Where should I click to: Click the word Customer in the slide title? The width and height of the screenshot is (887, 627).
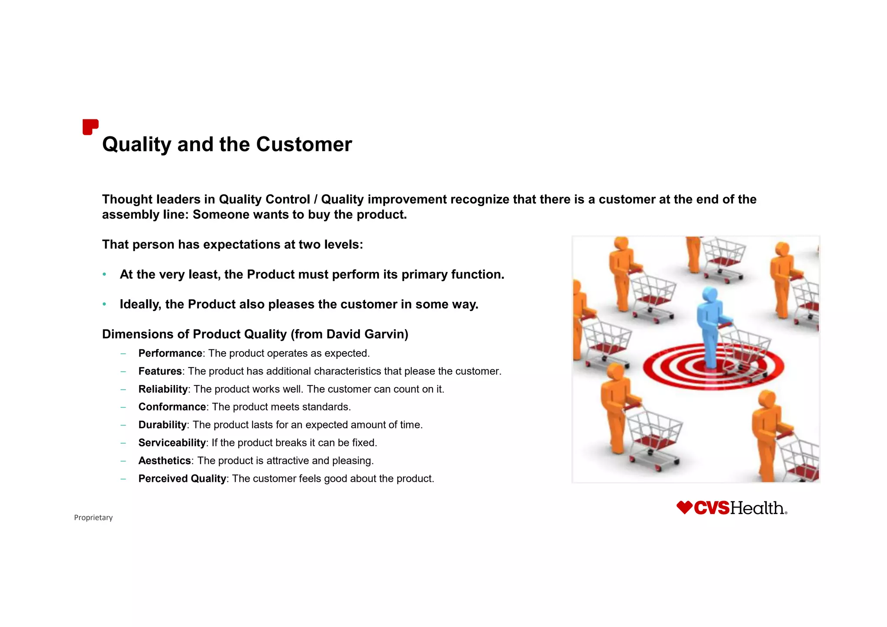(304, 144)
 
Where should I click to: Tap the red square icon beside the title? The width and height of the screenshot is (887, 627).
(90, 127)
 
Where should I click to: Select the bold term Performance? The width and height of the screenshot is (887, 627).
(170, 353)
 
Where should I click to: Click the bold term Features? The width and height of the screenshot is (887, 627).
(160, 371)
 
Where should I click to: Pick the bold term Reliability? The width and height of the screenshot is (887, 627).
(163, 389)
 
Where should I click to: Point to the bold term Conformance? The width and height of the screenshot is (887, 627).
(172, 407)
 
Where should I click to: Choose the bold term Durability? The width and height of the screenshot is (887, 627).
(162, 425)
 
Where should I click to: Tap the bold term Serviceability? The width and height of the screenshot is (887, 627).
(172, 443)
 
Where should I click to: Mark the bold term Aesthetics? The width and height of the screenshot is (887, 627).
(165, 461)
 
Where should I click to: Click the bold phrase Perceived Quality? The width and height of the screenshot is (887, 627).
(182, 478)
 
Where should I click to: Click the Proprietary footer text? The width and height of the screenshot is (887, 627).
(93, 517)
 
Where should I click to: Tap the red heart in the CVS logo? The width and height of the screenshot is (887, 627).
(684, 507)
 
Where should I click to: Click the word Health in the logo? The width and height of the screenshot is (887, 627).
(757, 508)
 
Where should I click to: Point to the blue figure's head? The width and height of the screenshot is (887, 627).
(709, 294)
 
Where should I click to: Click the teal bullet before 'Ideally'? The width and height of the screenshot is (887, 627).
(104, 304)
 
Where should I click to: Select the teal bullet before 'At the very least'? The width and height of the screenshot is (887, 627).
(104, 275)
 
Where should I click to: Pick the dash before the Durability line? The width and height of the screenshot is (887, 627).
(123, 425)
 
